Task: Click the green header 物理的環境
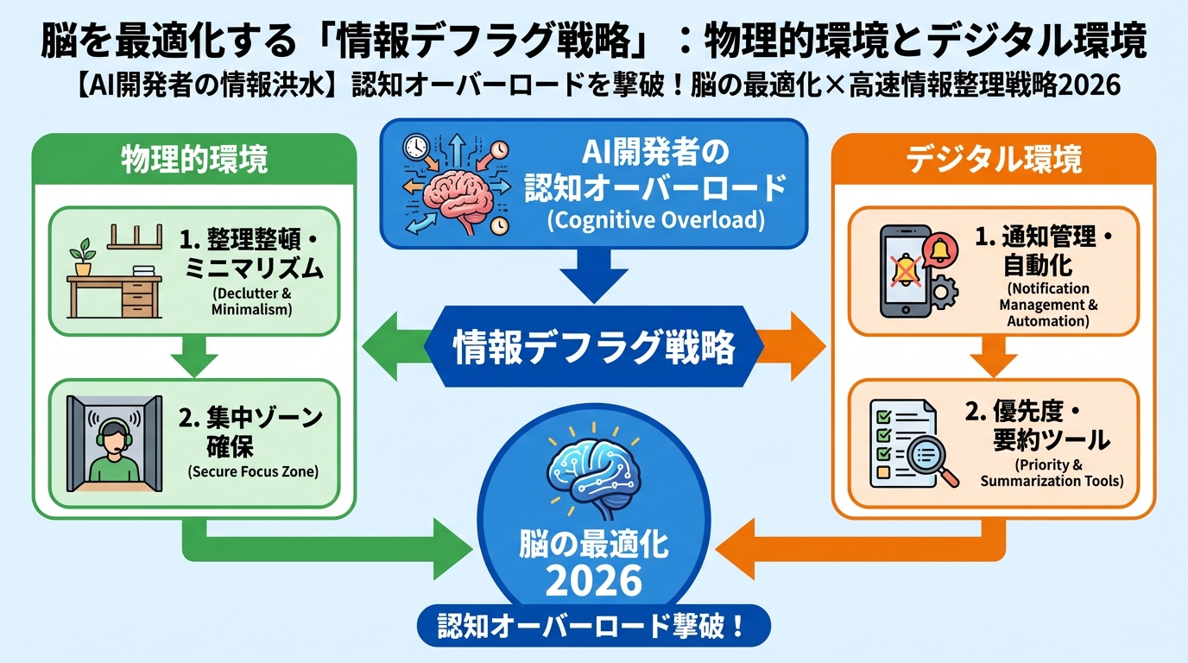point(194,161)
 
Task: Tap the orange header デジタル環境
point(994,161)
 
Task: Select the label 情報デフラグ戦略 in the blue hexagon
point(594,348)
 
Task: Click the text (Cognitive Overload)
point(655,220)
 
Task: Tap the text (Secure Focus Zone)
point(252,472)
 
